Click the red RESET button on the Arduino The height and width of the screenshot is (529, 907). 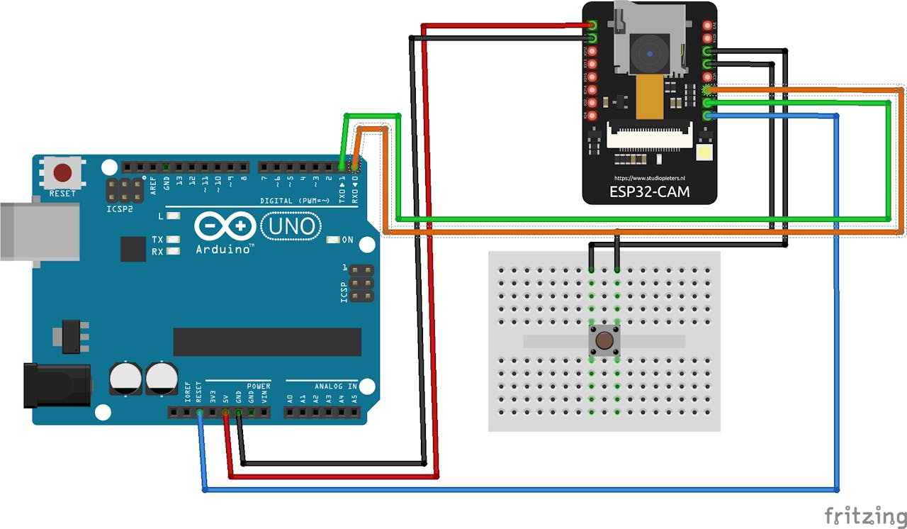pos(63,172)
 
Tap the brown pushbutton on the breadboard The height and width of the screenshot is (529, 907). pos(604,341)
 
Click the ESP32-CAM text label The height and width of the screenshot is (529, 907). pos(649,191)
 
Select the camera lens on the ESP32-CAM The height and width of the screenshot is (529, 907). pos(650,53)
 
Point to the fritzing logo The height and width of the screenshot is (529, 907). pos(864,516)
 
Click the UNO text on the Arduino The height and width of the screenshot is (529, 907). pos(291,227)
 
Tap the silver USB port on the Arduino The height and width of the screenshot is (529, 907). pos(39,231)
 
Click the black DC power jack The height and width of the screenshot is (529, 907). pos(57,385)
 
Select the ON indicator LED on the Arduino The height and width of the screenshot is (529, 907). pos(332,240)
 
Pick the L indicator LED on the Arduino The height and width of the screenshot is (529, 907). pos(173,216)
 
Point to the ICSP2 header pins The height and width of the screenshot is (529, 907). pos(125,189)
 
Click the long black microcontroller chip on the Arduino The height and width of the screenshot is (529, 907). pos(267,342)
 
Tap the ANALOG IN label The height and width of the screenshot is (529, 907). pos(336,386)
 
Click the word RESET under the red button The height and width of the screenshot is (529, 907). pos(62,194)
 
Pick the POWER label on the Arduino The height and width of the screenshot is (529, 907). pos(259,386)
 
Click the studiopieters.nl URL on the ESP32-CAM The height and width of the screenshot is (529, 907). pos(649,178)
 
